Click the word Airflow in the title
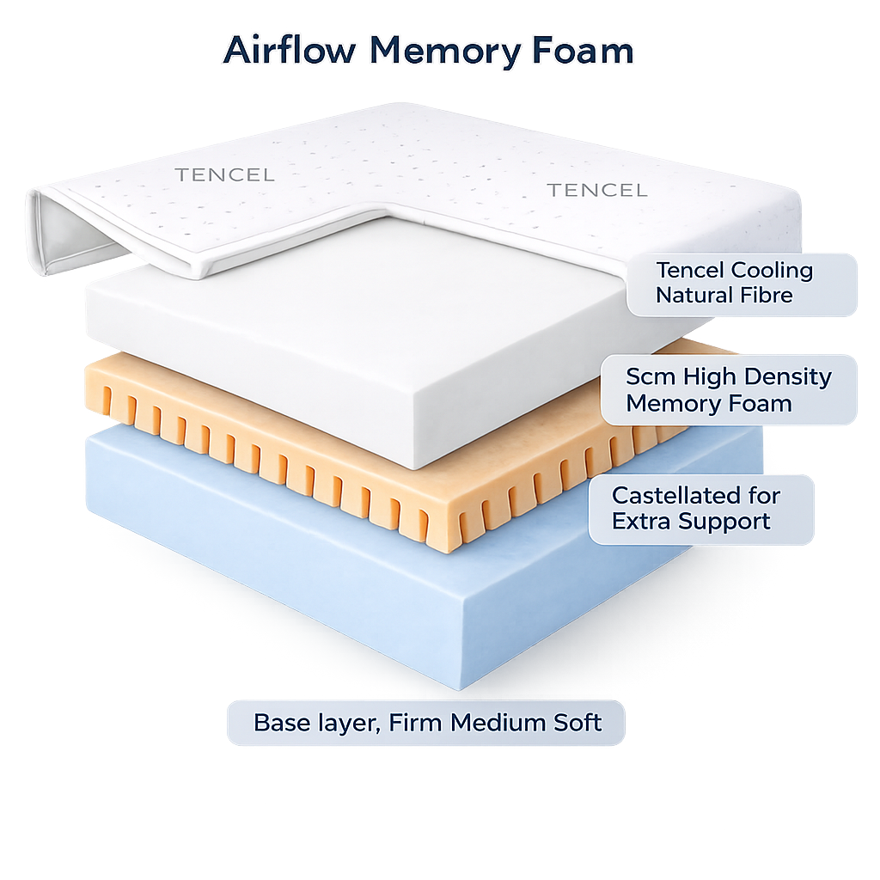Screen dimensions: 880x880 pyautogui.click(x=290, y=51)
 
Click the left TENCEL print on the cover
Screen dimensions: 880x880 pyautogui.click(x=224, y=175)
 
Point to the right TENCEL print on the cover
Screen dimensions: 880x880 pyautogui.click(x=597, y=190)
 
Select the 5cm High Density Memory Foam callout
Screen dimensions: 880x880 pyautogui.click(x=729, y=389)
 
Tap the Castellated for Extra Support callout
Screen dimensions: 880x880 pyautogui.click(x=700, y=508)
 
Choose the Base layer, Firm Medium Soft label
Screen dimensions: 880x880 pyautogui.click(x=426, y=722)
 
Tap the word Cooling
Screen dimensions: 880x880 pyautogui.click(x=772, y=270)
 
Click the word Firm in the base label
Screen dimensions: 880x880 pyautogui.click(x=415, y=722)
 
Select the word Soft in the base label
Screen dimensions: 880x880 pyautogui.click(x=576, y=722)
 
